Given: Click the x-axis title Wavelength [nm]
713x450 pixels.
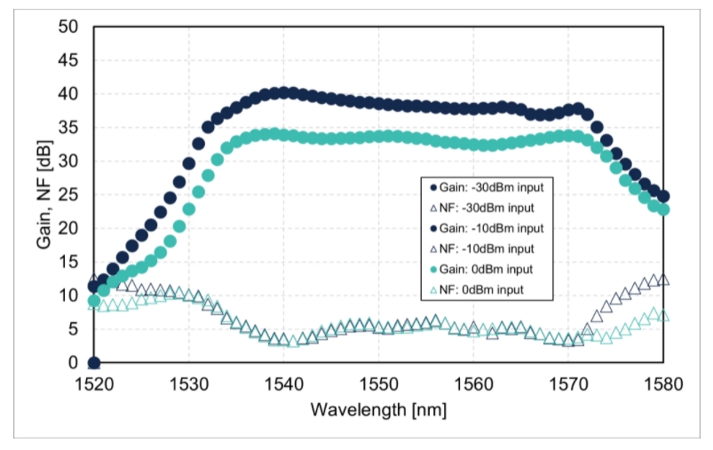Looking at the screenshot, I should click(377, 410).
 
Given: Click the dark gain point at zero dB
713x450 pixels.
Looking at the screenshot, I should click(94, 363).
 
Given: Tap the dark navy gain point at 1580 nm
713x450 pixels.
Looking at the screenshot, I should click(662, 196).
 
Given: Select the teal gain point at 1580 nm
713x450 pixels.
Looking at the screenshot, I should click(662, 209).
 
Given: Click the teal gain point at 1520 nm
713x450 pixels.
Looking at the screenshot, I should click(94, 301).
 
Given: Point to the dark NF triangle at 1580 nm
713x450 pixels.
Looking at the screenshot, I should click(662, 280).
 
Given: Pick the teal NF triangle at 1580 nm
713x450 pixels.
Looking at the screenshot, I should click(662, 316).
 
